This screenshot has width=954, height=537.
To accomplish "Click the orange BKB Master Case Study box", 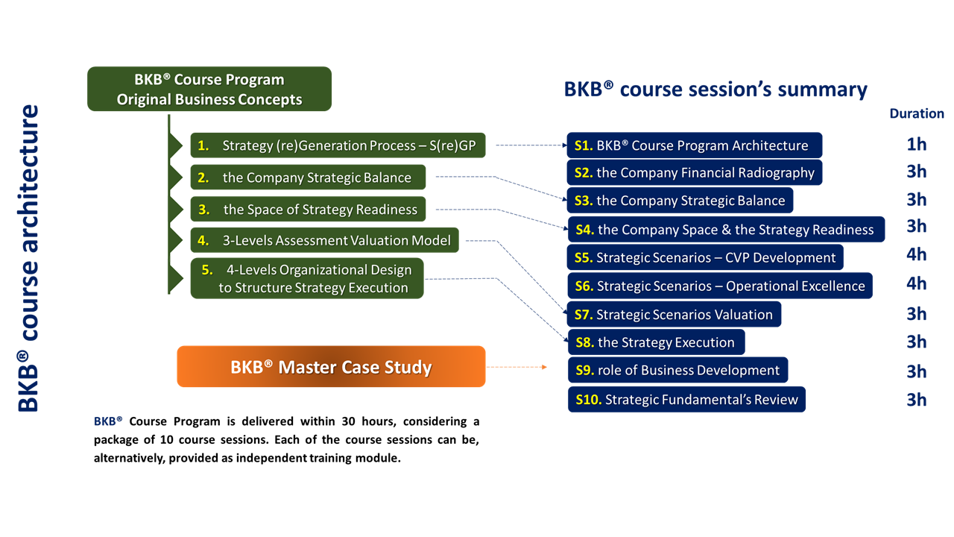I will point(331,367).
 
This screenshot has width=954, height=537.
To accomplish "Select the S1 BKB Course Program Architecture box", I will point(694,145).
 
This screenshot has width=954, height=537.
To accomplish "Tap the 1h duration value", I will point(916,144).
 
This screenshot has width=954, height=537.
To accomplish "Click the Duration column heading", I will point(916,113).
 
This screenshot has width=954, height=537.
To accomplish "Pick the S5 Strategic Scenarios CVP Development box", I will point(705,257).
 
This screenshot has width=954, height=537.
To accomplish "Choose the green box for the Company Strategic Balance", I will point(308,178).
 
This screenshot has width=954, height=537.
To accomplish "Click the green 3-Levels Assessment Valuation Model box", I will point(324,240).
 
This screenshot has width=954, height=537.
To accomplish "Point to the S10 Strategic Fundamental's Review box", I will point(686,399).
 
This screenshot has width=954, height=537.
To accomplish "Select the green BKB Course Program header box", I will point(209,89).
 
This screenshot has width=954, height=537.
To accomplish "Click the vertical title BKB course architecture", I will point(28,258).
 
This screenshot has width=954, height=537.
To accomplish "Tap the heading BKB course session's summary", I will point(715,89).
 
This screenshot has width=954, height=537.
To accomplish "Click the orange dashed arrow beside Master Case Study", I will point(517,367).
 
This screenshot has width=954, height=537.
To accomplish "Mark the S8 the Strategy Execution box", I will point(656,342).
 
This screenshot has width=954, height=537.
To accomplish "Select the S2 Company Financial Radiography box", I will point(695,172).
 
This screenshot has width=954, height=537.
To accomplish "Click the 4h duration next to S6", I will point(916,283).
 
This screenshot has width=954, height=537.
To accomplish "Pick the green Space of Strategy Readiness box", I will point(308,209).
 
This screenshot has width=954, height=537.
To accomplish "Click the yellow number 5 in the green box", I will point(207,270).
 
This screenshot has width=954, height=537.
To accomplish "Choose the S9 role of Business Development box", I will point(677,370).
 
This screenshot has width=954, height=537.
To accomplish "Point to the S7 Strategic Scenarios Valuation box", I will point(675,314).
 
